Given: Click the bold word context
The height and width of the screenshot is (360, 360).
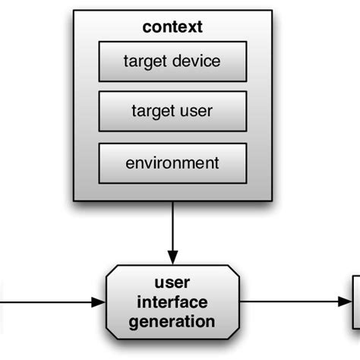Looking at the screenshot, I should pyautogui.click(x=172, y=27).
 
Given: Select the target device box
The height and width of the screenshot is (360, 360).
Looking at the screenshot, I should pyautogui.click(x=172, y=62).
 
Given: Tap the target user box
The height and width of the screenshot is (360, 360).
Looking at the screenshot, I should pyautogui.click(x=172, y=112).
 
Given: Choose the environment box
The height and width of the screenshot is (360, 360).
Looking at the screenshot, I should pyautogui.click(x=172, y=162).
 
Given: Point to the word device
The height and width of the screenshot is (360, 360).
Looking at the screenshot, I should pyautogui.click(x=197, y=62).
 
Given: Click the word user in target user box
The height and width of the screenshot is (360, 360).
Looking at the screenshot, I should pyautogui.click(x=196, y=112).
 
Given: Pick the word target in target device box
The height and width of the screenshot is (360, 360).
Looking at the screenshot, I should pyautogui.click(x=146, y=62).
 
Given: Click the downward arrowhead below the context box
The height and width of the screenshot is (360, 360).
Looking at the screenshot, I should pyautogui.click(x=172, y=256).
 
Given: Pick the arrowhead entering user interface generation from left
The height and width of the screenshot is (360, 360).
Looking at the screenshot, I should pyautogui.click(x=98, y=302).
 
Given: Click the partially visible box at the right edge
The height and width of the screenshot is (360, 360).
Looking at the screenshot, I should pyautogui.click(x=355, y=302).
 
